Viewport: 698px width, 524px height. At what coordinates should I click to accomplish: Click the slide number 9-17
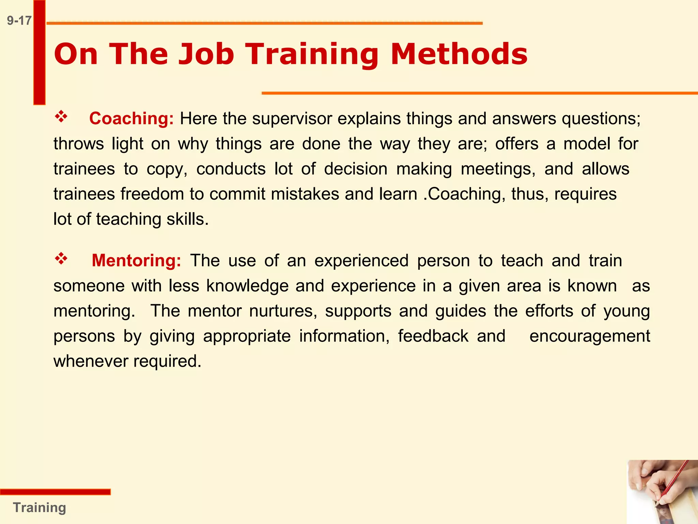pos(19,20)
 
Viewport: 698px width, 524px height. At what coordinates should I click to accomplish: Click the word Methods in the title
pos(459,54)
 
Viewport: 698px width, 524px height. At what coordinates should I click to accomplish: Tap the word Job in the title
pos(206,54)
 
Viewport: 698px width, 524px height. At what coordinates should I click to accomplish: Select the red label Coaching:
pos(131,119)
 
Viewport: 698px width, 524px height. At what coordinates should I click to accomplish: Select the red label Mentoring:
pos(136,261)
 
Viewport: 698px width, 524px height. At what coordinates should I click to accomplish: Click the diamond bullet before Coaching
pos(61,117)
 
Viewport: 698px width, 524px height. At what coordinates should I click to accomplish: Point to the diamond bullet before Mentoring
pos(61,259)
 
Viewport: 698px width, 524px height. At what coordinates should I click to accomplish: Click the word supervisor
pos(292,119)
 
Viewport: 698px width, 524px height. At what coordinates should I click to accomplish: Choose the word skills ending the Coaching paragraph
pos(187,219)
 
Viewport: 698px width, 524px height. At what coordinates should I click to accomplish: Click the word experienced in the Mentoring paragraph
pos(361,261)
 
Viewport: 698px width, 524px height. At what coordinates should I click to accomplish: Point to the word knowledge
pos(247,286)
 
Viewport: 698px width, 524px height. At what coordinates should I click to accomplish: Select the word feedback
pos(433,336)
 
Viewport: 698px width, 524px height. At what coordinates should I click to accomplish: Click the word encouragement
pos(590,336)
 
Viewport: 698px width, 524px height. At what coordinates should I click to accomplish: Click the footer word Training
pos(40,508)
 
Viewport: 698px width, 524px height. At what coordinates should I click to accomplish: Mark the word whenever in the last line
pos(90,361)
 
